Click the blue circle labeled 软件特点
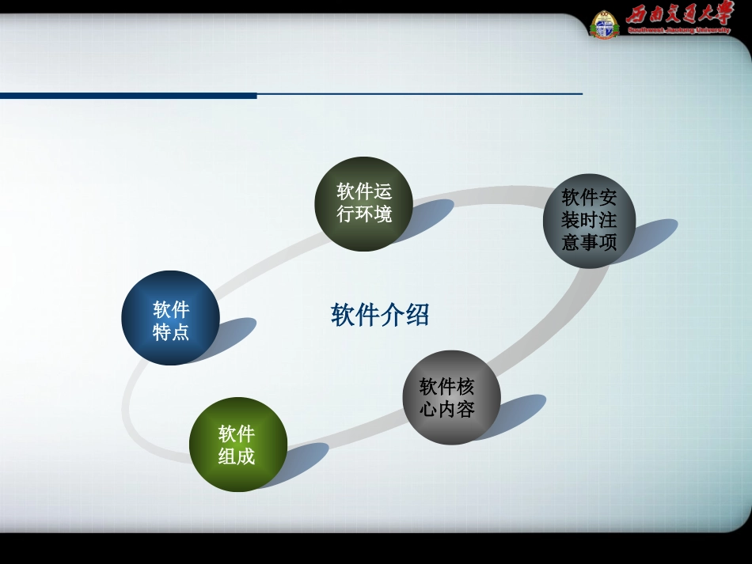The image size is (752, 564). click(x=170, y=318)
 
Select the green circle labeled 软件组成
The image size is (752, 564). click(x=237, y=444)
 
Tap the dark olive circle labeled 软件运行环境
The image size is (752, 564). click(x=364, y=203)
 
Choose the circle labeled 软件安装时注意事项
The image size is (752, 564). click(x=589, y=220)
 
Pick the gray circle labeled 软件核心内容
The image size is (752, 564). click(x=448, y=397)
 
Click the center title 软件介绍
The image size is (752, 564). click(x=380, y=315)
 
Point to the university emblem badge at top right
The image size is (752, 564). click(x=605, y=25)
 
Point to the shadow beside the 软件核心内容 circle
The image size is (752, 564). click(x=518, y=411)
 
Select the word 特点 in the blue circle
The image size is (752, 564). click(x=171, y=331)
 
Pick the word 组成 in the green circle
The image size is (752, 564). click(x=237, y=456)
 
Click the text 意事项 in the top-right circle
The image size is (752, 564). click(x=589, y=242)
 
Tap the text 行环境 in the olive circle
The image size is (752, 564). click(x=364, y=214)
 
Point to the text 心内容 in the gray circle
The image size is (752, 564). click(x=448, y=409)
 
